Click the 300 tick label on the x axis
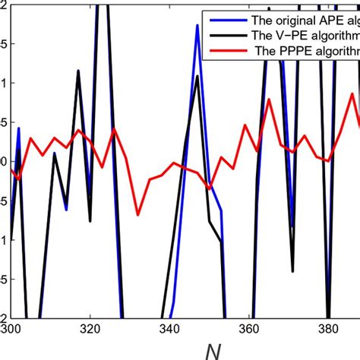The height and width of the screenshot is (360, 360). point(11,331)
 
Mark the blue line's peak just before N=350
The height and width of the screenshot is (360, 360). point(197,25)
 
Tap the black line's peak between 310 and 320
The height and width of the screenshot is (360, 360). point(78,71)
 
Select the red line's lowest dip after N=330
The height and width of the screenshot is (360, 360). point(138,215)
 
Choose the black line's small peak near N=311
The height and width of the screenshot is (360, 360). point(55,153)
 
